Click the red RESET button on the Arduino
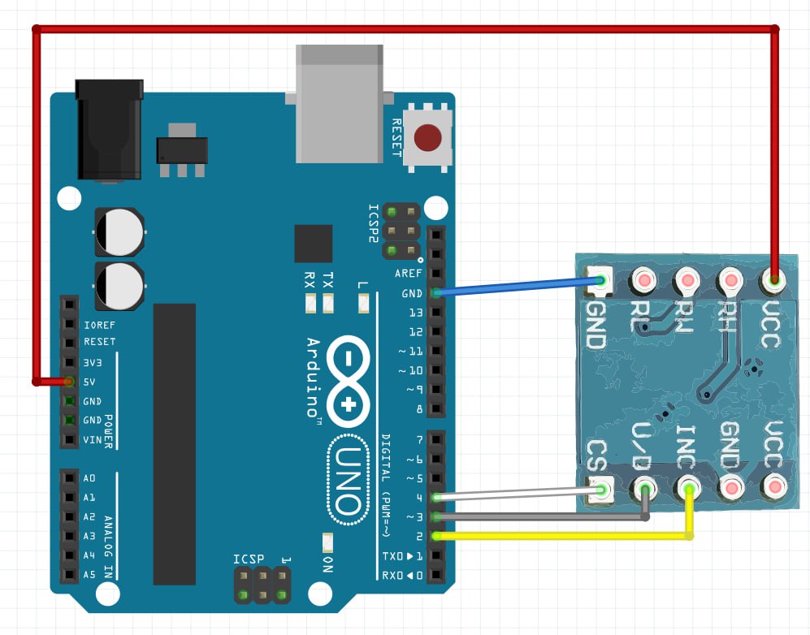(x=429, y=137)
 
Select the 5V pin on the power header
(x=69, y=382)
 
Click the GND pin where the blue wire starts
(x=437, y=293)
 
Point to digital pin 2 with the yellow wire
(x=437, y=536)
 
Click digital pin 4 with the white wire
(x=437, y=497)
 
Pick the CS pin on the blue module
(x=600, y=489)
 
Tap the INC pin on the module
(x=689, y=489)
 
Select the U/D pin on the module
(x=645, y=489)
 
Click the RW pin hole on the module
(x=687, y=281)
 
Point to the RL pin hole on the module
(x=644, y=281)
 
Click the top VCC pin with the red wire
(x=773, y=281)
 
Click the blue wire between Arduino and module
(x=520, y=287)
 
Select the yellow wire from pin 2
(x=569, y=536)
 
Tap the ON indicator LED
(x=327, y=542)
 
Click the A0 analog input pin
(x=69, y=477)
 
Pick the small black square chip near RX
(x=314, y=244)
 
